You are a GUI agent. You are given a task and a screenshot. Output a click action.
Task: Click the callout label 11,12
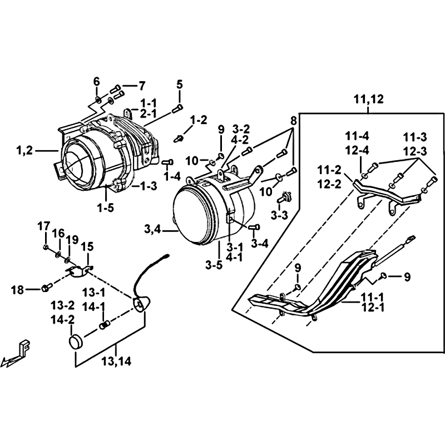[x=368, y=100]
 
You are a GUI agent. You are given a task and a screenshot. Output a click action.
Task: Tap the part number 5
[x=180, y=85]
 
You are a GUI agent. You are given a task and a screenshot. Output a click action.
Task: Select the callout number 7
[x=141, y=86]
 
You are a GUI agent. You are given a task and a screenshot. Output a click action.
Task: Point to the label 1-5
[x=106, y=208]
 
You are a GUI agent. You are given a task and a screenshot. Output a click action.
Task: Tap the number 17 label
[x=44, y=226]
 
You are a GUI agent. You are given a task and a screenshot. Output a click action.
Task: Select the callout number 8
[x=294, y=120]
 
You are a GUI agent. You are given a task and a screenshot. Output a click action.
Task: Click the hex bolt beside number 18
[x=47, y=288]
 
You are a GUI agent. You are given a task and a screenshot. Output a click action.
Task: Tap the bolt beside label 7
[x=116, y=89]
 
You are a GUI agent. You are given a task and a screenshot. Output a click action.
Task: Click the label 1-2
[x=199, y=120]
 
